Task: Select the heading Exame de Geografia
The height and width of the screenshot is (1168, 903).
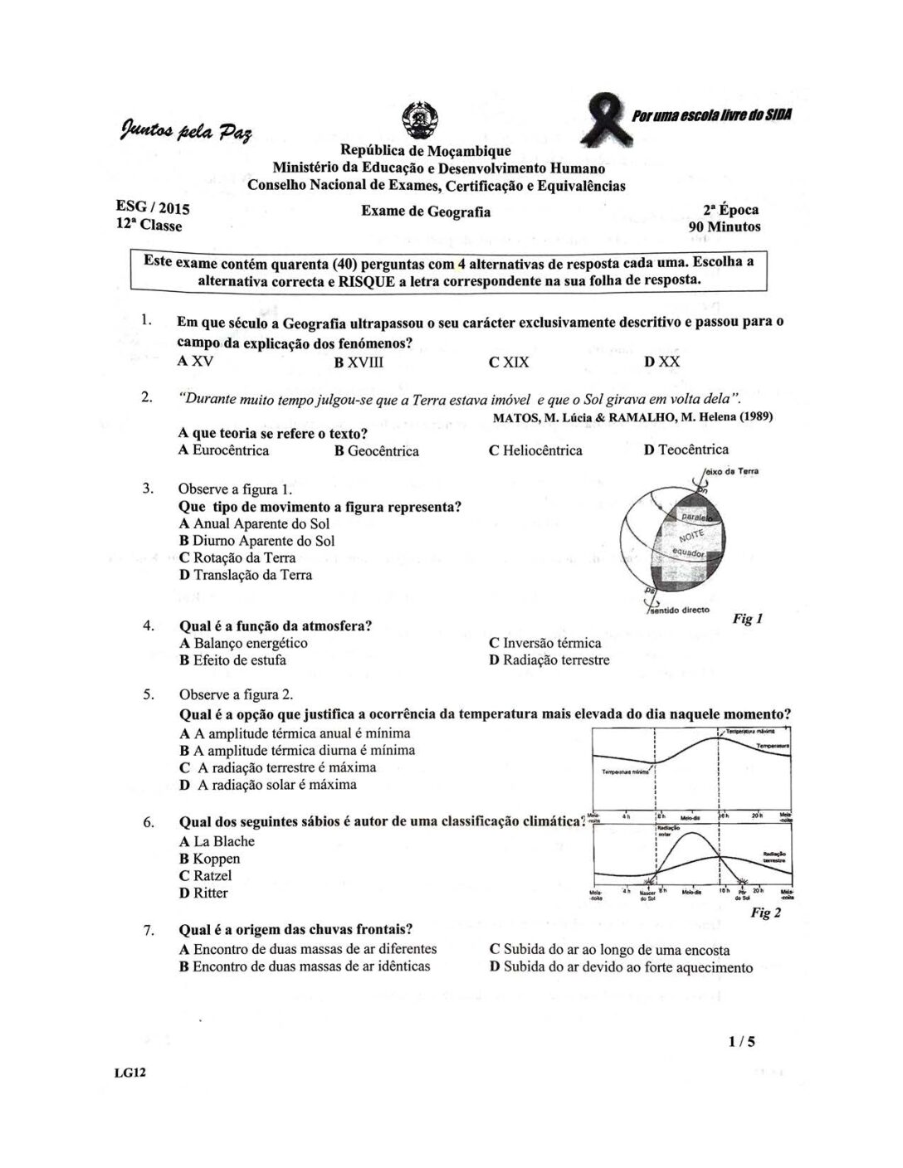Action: pos(426,212)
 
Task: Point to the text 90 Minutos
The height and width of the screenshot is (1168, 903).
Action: pos(724,226)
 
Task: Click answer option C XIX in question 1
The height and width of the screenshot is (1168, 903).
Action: pos(509,362)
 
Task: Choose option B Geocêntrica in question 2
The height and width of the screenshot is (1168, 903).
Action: pos(377,450)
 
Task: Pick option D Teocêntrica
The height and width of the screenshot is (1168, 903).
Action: pos(686,450)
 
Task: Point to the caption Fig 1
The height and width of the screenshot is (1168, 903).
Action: pos(748,618)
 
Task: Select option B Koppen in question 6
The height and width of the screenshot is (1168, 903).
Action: pos(210,859)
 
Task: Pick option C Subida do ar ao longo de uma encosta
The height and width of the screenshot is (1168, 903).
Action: pos(610,950)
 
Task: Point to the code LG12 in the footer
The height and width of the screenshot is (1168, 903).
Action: pos(131,1073)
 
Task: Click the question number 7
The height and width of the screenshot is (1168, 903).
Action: pos(148,931)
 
